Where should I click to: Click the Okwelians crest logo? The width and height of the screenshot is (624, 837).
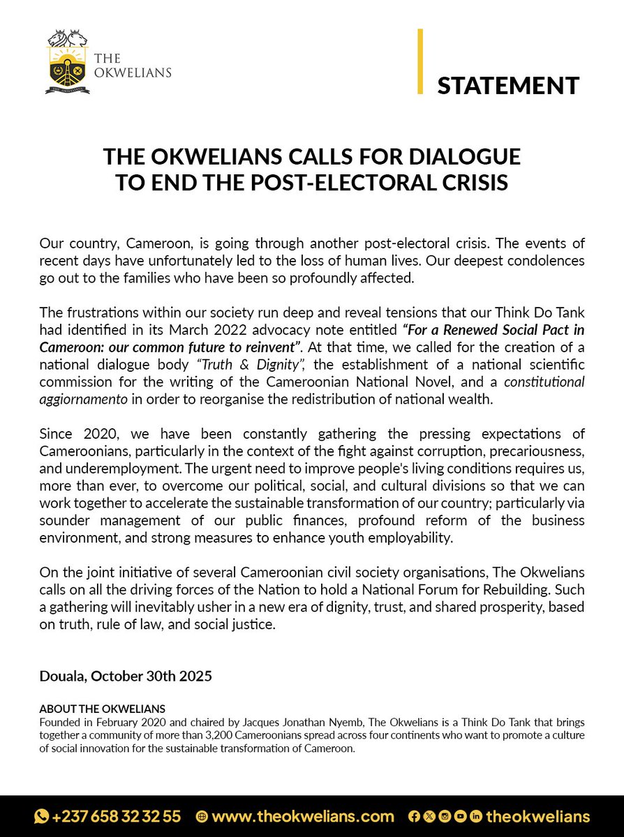click(x=68, y=62)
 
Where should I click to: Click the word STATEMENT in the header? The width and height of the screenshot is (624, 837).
click(x=508, y=85)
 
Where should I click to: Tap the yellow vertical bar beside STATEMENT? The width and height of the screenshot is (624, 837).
click(x=420, y=61)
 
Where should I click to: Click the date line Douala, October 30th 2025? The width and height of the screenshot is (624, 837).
click(x=126, y=676)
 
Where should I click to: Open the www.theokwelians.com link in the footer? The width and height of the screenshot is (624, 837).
click(x=303, y=816)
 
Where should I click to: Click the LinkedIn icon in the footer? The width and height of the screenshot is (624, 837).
click(x=477, y=816)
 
